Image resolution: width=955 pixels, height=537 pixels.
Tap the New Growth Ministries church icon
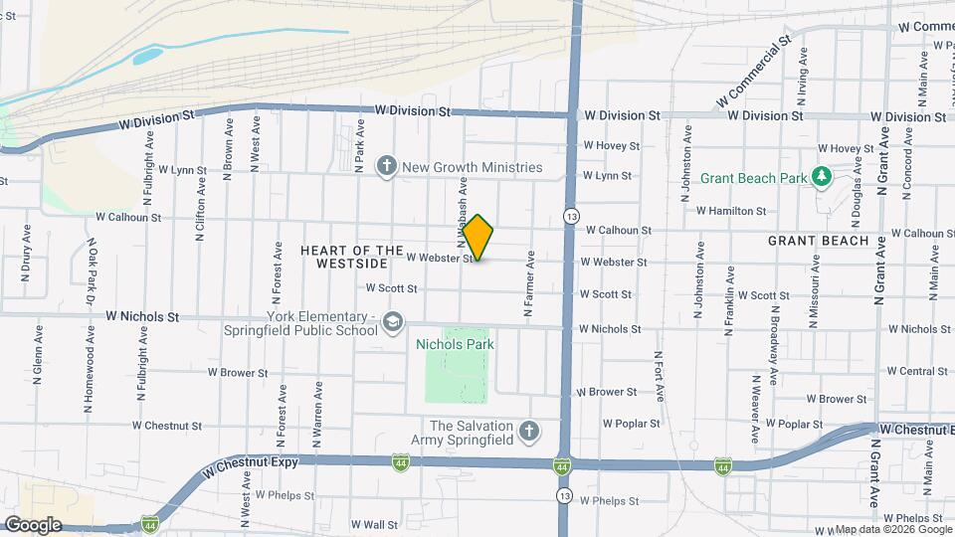387,167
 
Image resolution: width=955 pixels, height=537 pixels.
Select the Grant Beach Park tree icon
822,177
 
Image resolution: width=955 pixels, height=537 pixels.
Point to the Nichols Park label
455,344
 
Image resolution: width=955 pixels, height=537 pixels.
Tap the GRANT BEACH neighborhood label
819,241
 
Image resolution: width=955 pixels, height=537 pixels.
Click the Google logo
34,524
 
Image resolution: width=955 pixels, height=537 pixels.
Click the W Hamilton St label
731,211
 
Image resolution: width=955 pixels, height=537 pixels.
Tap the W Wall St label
374,524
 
